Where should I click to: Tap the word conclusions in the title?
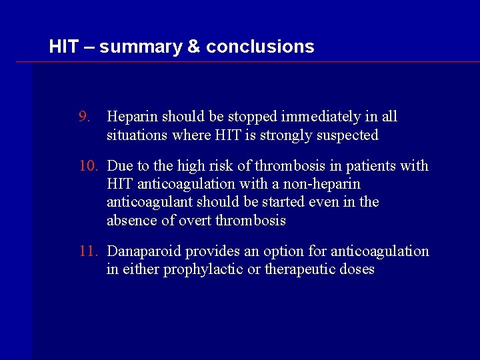260,47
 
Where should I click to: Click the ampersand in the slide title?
194,47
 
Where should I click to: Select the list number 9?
84,117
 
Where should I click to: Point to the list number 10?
87,165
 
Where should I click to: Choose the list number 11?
87,251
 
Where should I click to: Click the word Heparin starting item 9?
131,117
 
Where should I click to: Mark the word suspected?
346,135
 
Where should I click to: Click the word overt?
194,220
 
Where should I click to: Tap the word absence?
130,220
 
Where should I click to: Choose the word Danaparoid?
144,251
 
